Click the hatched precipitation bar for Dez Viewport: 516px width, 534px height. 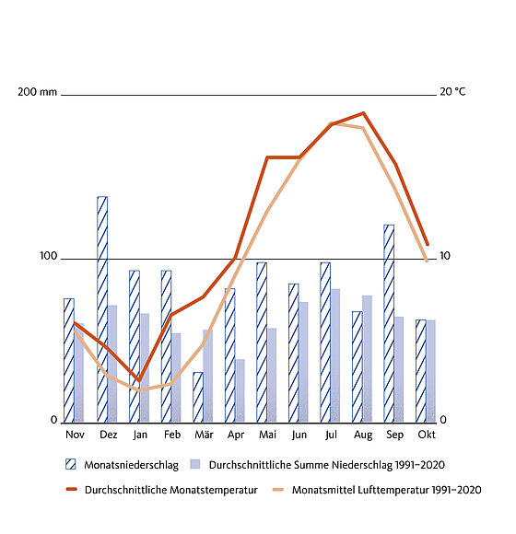(102, 309)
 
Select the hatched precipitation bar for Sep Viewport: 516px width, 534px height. (389, 323)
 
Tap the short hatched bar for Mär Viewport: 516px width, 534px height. (198, 398)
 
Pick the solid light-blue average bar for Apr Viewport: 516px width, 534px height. (240, 391)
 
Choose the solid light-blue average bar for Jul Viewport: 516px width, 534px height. (335, 356)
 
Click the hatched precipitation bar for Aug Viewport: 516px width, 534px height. (358, 367)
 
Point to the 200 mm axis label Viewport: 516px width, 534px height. (37, 92)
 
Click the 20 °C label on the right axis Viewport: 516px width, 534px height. (452, 92)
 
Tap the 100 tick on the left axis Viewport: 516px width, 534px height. (49, 256)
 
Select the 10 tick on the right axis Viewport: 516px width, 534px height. (445, 256)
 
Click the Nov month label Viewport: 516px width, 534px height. (75, 435)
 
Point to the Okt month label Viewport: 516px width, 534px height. (427, 435)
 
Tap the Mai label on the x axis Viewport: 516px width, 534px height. (267, 435)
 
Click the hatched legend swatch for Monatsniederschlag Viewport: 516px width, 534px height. (71, 464)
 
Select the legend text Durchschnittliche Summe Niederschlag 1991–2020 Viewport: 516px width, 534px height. (327, 465)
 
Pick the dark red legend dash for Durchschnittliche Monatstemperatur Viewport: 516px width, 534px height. (72, 490)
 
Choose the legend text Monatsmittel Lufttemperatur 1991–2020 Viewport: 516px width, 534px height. (386, 490)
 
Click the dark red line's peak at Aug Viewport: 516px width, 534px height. (364, 113)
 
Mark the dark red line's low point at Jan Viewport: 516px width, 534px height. (139, 380)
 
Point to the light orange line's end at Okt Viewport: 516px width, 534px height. (427, 261)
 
